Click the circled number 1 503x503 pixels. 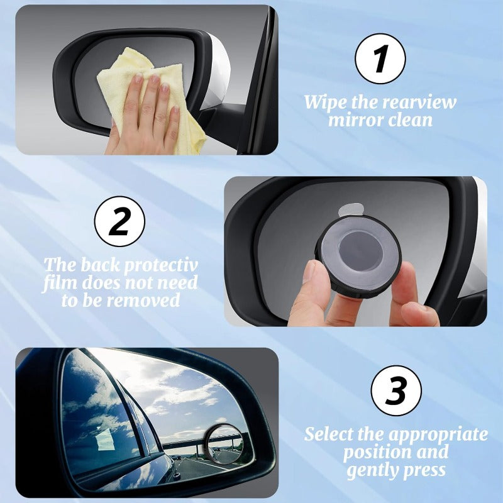pos(380,59)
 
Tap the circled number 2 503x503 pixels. pos(119,221)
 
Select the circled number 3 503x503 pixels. pos(395,391)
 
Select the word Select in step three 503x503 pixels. pos(331,434)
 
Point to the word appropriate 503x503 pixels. pos(438,434)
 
